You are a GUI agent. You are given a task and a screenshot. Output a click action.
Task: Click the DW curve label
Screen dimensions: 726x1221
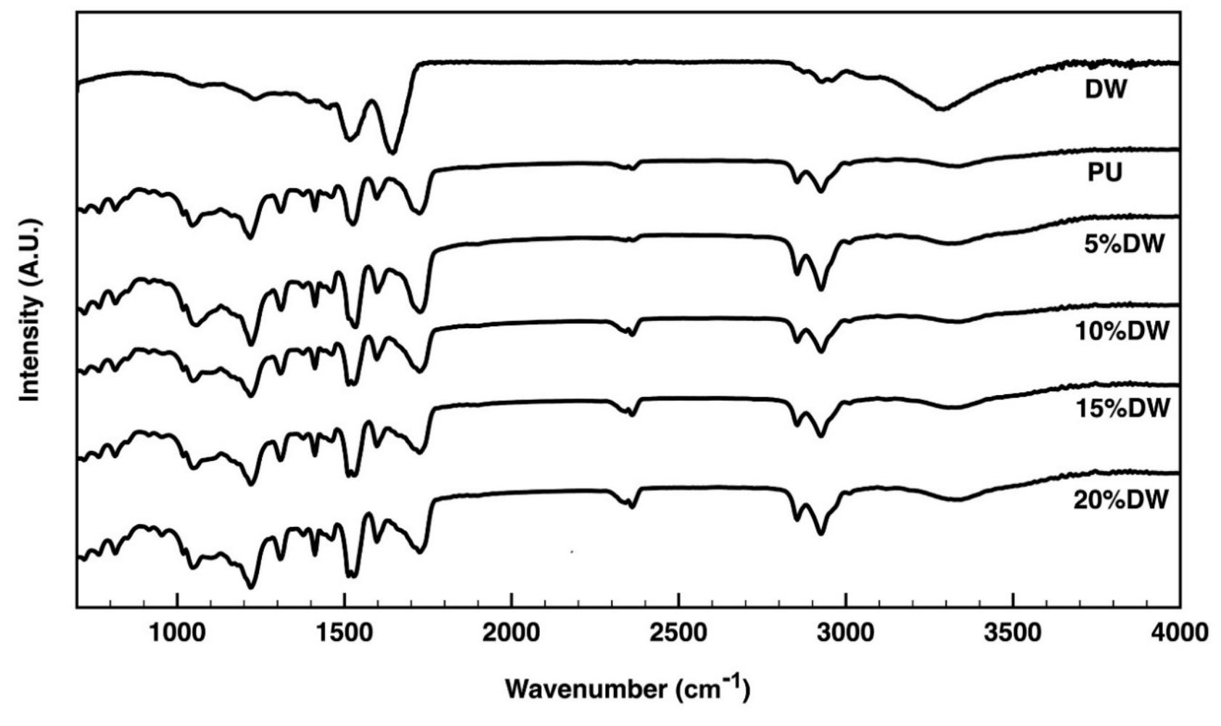point(1106,90)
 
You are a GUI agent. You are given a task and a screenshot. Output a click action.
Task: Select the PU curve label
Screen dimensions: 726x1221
point(1105,174)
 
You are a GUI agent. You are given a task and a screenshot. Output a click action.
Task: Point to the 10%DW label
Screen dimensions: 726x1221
point(1122,331)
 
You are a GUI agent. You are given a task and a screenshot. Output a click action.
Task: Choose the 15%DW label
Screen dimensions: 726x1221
point(1122,408)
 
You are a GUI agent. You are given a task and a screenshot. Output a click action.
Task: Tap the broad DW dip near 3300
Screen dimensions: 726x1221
point(940,109)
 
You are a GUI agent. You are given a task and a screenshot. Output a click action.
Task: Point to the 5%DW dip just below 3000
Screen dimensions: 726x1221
point(821,289)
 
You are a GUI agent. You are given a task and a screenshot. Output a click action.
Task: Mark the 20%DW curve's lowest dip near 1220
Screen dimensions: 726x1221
point(251,587)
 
